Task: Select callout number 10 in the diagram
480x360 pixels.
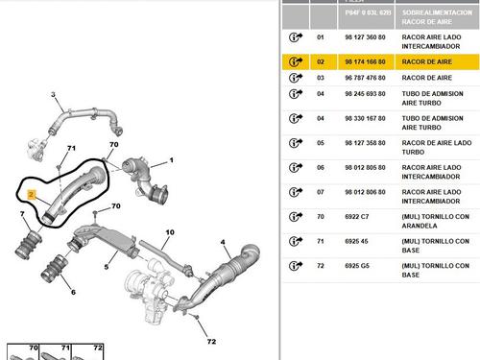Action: [170, 233]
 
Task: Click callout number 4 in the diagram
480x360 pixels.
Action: [223, 242]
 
